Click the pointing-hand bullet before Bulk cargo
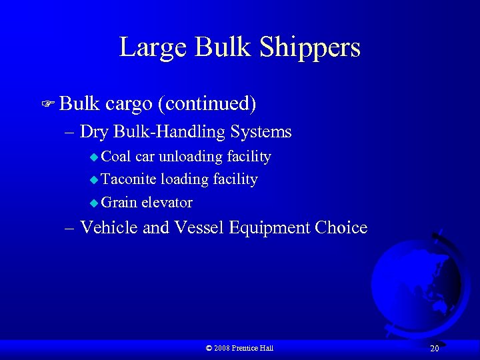pos(47,104)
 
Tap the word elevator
pos(167,202)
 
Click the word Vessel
pos(199,227)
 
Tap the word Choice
pos(341,227)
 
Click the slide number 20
pos(434,349)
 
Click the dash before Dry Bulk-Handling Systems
pos(71,132)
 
